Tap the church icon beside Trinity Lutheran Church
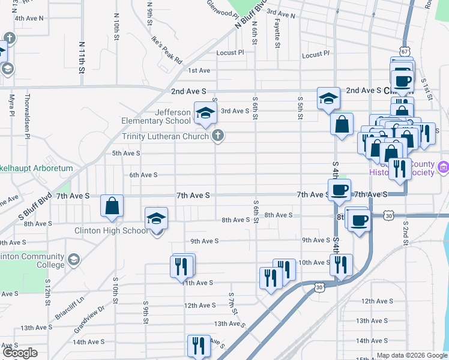218,136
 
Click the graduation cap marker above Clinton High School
156,220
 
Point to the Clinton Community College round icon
73,260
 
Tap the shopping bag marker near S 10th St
112,206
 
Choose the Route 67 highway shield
404,52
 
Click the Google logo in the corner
19,353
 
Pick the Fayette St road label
277,36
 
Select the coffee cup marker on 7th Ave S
340,190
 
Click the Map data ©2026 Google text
411,355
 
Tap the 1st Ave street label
199,70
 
